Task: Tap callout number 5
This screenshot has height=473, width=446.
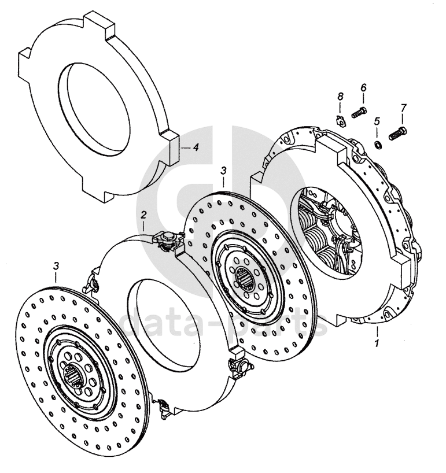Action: (x=377, y=121)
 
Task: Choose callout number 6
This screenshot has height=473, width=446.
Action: (x=364, y=87)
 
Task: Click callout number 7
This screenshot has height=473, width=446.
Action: (x=403, y=108)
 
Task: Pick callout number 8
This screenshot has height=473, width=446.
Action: (x=340, y=95)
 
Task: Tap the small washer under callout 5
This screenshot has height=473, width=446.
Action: (x=377, y=142)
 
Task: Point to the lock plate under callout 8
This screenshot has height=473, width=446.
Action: (x=341, y=121)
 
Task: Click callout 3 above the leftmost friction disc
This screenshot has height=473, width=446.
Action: (x=56, y=265)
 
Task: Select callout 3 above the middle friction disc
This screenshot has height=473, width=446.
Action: (x=223, y=171)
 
